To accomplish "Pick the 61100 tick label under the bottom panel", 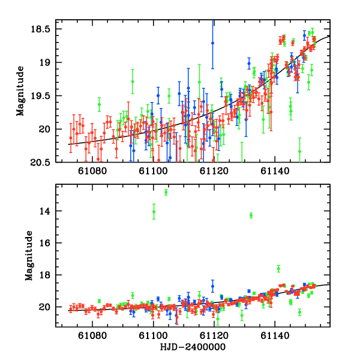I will pyautogui.click(x=153, y=337).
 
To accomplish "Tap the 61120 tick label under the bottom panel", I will pyautogui.click(x=214, y=337).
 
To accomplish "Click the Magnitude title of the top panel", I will pyautogui.click(x=20, y=95).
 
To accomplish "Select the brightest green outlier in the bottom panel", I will pyautogui.click(x=166, y=192).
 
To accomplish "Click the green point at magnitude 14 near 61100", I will pyautogui.click(x=154, y=212).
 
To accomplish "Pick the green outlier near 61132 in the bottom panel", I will pyautogui.click(x=251, y=215).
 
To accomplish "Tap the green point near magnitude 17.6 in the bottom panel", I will pyautogui.click(x=278, y=268).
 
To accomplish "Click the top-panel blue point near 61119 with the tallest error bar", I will pyautogui.click(x=212, y=43).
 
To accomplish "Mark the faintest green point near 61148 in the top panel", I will pyautogui.click(x=299, y=151).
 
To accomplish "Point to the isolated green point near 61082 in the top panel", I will pyautogui.click(x=99, y=104).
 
